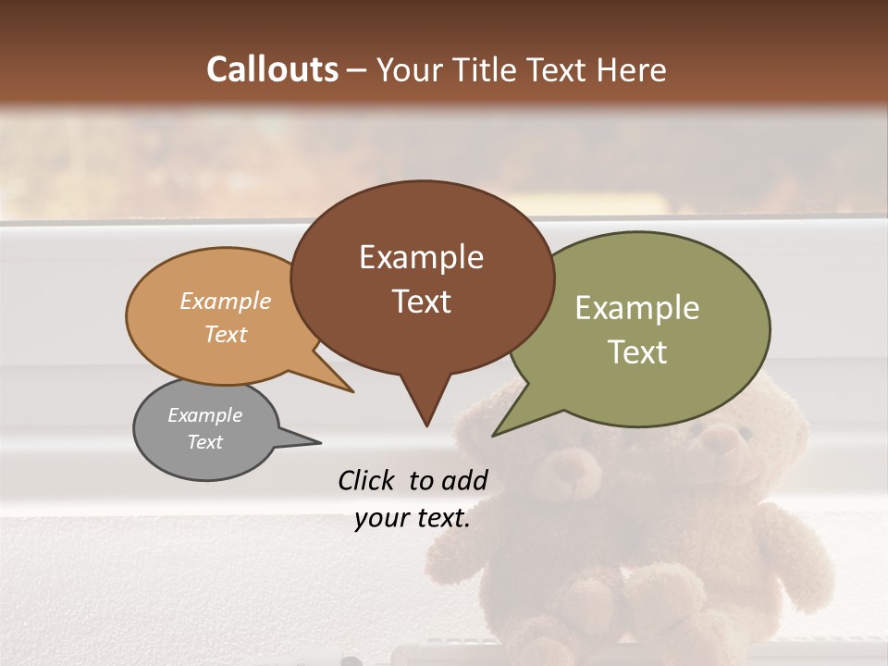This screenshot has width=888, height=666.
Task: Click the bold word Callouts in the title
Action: tap(272, 69)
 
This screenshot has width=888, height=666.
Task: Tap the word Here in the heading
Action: tap(630, 70)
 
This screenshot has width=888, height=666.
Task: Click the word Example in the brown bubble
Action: tap(421, 257)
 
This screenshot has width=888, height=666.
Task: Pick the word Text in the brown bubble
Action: tap(421, 301)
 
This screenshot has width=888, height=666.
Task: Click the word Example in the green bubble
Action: tap(637, 308)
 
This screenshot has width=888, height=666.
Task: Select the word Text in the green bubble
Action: tap(637, 351)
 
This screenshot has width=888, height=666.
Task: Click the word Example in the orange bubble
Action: tap(226, 301)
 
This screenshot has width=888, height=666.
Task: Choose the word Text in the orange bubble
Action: tap(226, 334)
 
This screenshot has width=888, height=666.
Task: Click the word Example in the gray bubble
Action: tap(204, 415)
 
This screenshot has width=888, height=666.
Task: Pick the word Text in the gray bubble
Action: tap(204, 442)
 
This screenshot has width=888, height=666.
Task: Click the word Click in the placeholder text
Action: tap(367, 480)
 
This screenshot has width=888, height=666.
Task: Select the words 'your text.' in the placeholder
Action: tap(412, 519)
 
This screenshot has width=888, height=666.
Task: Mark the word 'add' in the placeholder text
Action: tap(465, 480)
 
